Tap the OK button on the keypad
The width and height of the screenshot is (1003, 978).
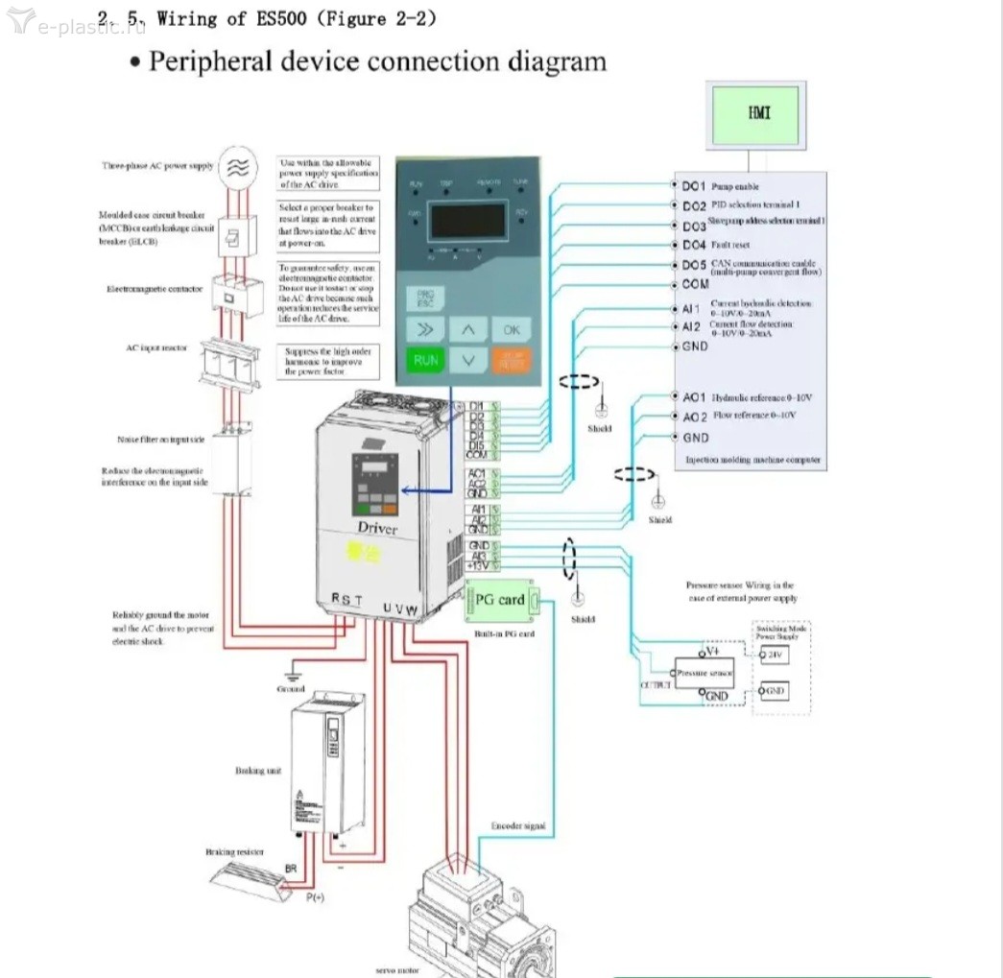tap(512, 329)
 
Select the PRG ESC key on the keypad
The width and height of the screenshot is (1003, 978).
tap(423, 298)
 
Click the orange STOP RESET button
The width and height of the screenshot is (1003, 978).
tap(512, 361)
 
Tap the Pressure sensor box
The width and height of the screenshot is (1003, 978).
tap(704, 674)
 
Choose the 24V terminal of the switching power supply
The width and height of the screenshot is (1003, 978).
tap(773, 656)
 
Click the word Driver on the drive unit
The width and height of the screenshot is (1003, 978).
tap(376, 529)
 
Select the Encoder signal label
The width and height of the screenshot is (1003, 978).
tap(518, 825)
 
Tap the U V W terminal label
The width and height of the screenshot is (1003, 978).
tap(400, 609)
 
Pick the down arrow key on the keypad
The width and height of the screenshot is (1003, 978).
tap(467, 361)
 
